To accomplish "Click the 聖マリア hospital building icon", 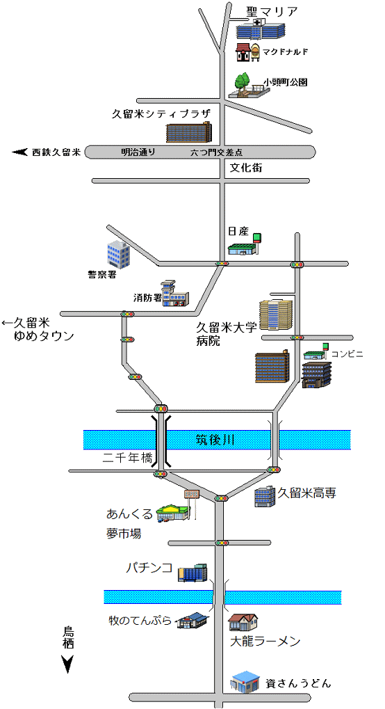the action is pos(261,30).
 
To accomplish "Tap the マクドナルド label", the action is pos(286,51).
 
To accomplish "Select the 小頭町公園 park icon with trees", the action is pos(247,86).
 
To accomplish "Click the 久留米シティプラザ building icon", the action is pos(189,132).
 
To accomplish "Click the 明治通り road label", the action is pos(138,152).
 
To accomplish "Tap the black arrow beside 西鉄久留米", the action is pos(19,152).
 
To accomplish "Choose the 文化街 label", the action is pos(246,168).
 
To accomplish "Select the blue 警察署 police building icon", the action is pos(118,254).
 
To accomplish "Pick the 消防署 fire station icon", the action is pos(175,293).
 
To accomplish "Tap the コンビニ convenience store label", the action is pos(347,353).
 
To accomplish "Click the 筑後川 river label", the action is pos(215,440).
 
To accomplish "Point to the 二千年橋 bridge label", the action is pos(128,458).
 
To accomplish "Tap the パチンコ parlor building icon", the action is pos(192,573).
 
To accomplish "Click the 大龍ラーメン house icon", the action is pos(243,622).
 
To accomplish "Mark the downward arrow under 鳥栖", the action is pos(68,664).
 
